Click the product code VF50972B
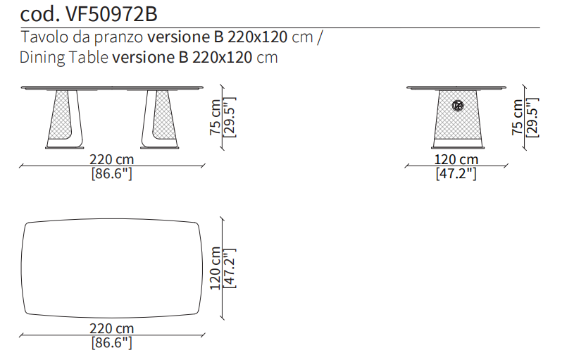[x=111, y=14]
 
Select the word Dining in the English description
[x=42, y=58]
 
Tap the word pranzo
[x=118, y=38]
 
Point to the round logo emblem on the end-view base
[x=458, y=106]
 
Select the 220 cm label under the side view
[x=111, y=159]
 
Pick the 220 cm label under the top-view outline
[x=111, y=328]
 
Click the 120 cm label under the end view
[x=456, y=159]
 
